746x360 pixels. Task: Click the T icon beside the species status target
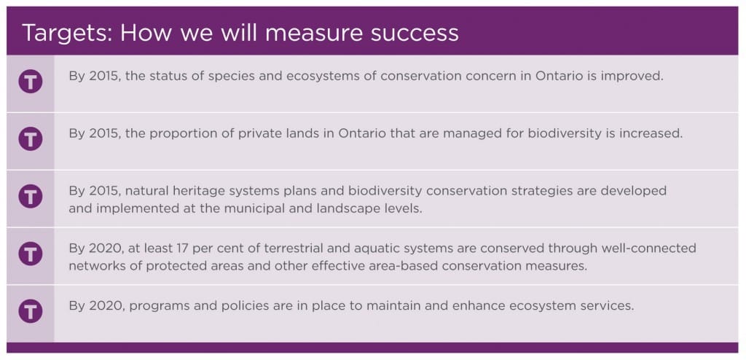(31, 82)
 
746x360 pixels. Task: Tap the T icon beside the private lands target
(31, 139)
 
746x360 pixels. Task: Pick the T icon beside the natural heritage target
(31, 196)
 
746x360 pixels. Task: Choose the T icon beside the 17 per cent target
(31, 254)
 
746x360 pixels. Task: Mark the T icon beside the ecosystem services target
(31, 311)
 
